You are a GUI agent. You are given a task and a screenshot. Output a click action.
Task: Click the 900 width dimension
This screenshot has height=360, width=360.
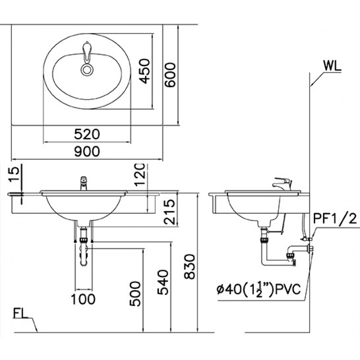(x=87, y=152)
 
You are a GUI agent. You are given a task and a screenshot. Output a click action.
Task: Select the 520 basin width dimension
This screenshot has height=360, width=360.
(x=87, y=135)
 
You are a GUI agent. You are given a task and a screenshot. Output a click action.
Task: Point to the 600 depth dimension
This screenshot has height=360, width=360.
(x=170, y=75)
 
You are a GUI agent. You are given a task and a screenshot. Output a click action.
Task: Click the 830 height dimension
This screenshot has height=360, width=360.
(x=190, y=266)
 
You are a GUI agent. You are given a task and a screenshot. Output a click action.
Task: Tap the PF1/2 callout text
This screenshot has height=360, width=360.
(x=335, y=218)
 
